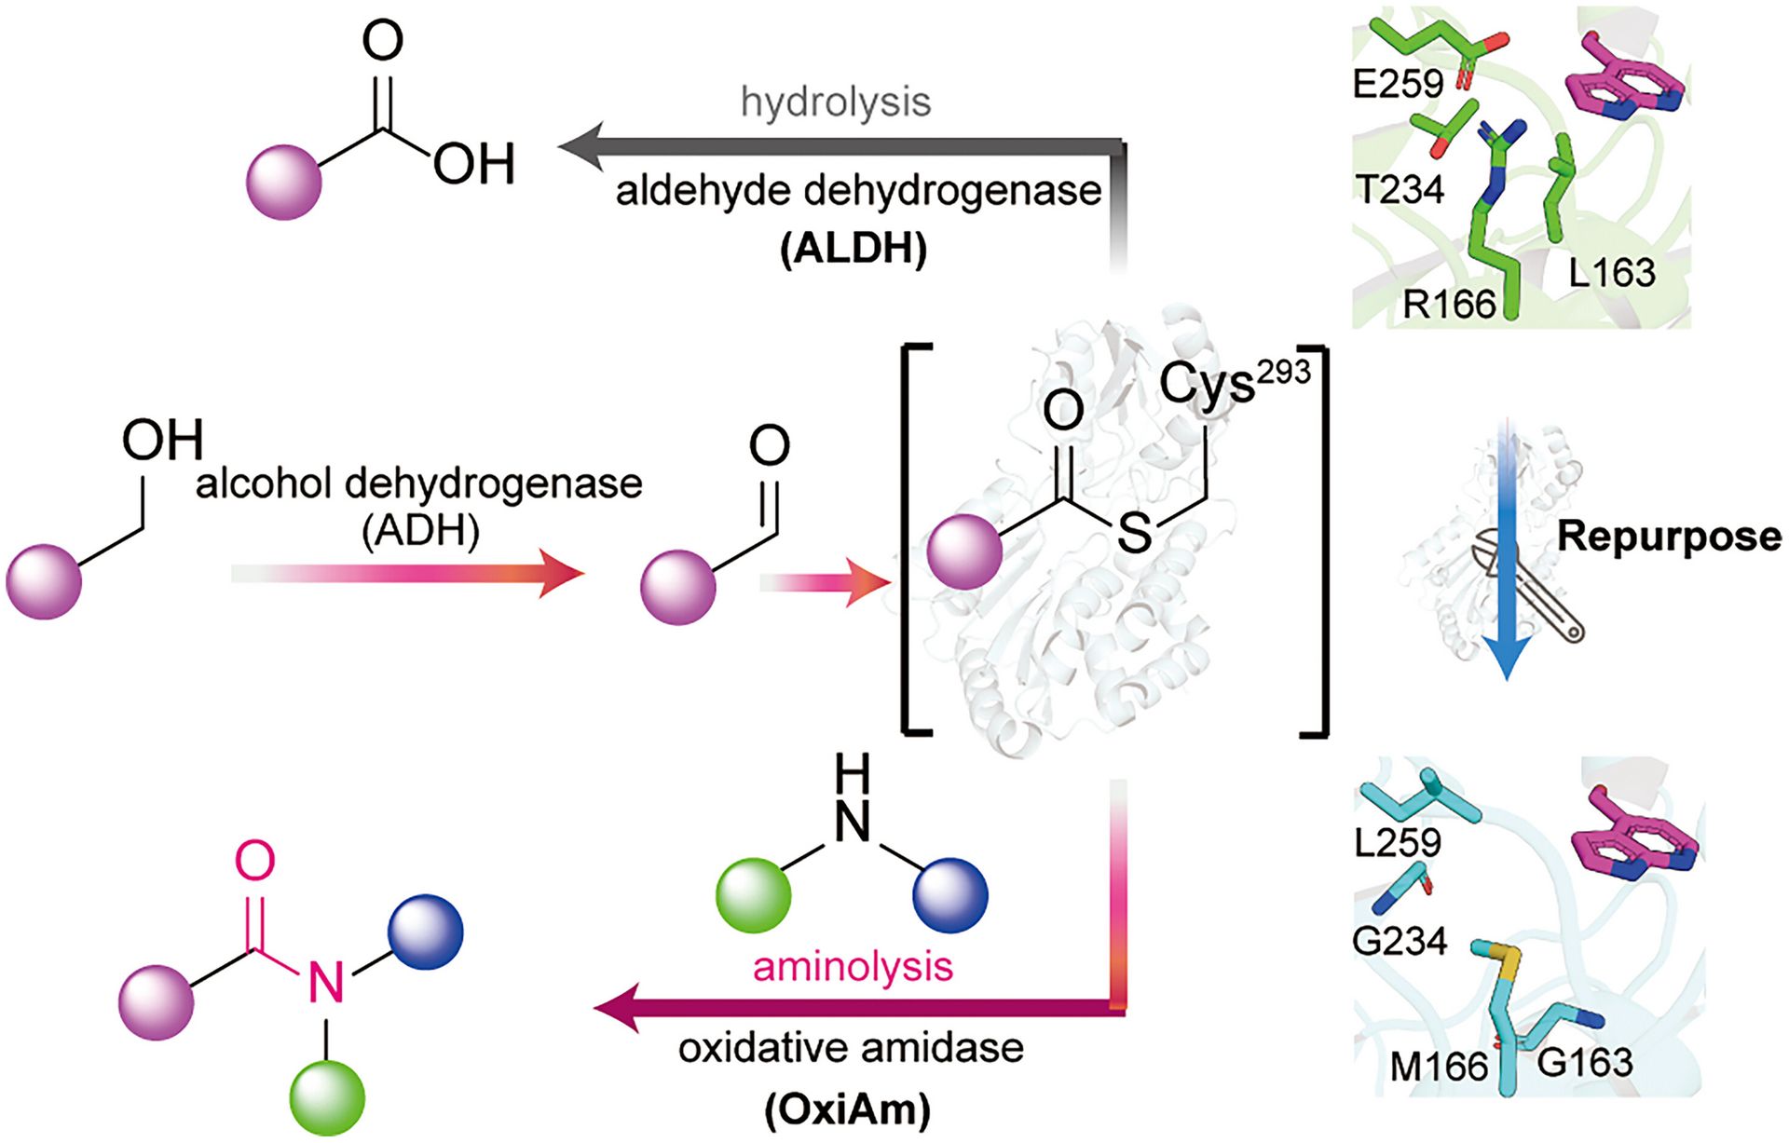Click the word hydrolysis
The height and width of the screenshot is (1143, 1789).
836,102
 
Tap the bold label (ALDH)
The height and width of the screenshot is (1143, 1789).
854,249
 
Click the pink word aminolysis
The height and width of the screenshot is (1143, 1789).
853,966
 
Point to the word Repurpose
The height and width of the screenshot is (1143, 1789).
1669,537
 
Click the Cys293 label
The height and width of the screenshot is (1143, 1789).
1235,382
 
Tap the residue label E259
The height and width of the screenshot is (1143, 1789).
1398,84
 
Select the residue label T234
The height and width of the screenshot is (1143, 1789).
1400,190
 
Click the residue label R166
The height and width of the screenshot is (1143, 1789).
1449,304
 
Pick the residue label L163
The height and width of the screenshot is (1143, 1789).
1612,272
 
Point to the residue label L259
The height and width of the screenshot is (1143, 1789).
1398,842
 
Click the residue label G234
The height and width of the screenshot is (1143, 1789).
1400,941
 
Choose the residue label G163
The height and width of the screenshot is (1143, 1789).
1585,1062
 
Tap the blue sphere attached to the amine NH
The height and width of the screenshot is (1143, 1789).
949,895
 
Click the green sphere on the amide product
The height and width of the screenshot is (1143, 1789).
327,1099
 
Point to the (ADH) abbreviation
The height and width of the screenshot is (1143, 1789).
420,531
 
